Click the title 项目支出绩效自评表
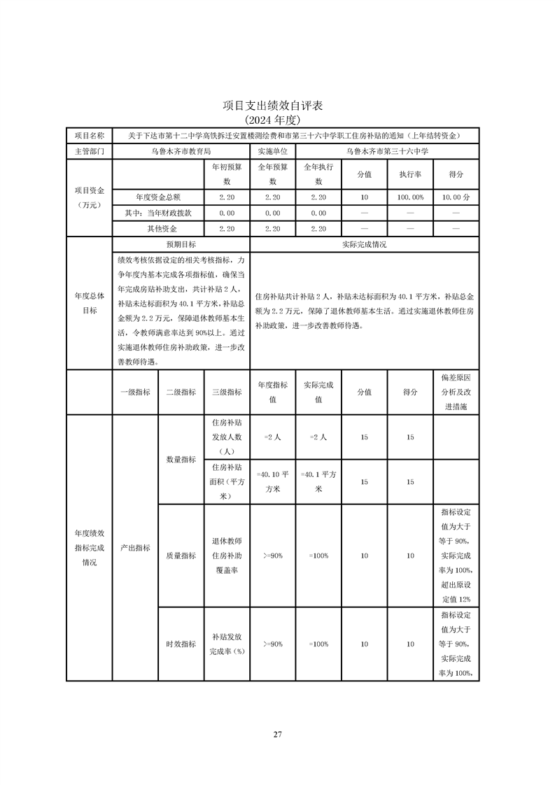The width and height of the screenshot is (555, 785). click(277, 106)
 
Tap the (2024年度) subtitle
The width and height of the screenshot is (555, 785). click(277, 120)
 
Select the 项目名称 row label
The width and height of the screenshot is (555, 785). click(90, 135)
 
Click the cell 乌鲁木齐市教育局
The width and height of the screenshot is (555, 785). click(181, 150)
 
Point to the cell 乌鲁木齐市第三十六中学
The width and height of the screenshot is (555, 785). click(387, 150)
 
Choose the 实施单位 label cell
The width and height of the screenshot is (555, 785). click(272, 150)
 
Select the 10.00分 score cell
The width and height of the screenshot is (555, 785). click(456, 197)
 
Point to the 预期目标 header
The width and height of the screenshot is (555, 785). click(181, 245)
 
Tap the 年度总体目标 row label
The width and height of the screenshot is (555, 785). click(90, 303)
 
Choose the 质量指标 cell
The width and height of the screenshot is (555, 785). click(181, 556)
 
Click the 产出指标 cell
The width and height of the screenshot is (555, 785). click(135, 548)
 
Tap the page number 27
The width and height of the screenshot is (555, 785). click(277, 734)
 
